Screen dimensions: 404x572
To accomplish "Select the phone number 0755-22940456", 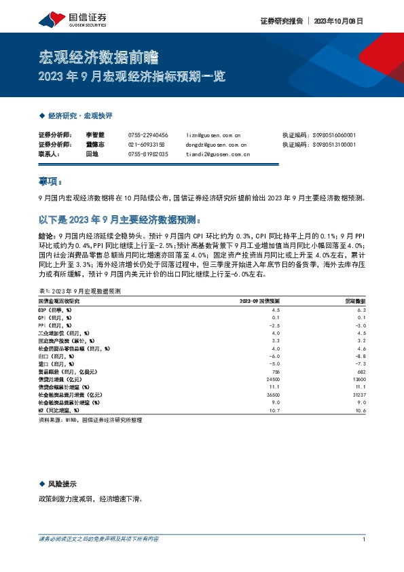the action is click(148, 135).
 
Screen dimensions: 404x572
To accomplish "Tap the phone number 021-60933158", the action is click(146, 145).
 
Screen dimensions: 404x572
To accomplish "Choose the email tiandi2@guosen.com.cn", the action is click(217, 154).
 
